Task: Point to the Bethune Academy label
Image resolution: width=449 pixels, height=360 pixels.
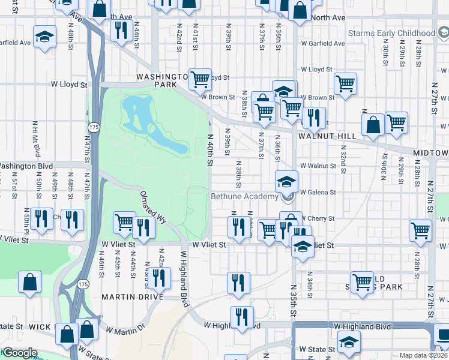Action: (x=244, y=196)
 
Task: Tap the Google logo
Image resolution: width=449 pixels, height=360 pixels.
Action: (x=19, y=353)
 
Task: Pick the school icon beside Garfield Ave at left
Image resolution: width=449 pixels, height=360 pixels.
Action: (x=44, y=37)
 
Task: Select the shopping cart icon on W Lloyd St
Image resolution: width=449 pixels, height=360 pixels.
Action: (x=200, y=79)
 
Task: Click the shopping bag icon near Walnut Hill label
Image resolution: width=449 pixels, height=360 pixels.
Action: (x=373, y=125)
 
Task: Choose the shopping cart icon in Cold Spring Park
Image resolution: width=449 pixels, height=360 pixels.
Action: (x=362, y=281)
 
